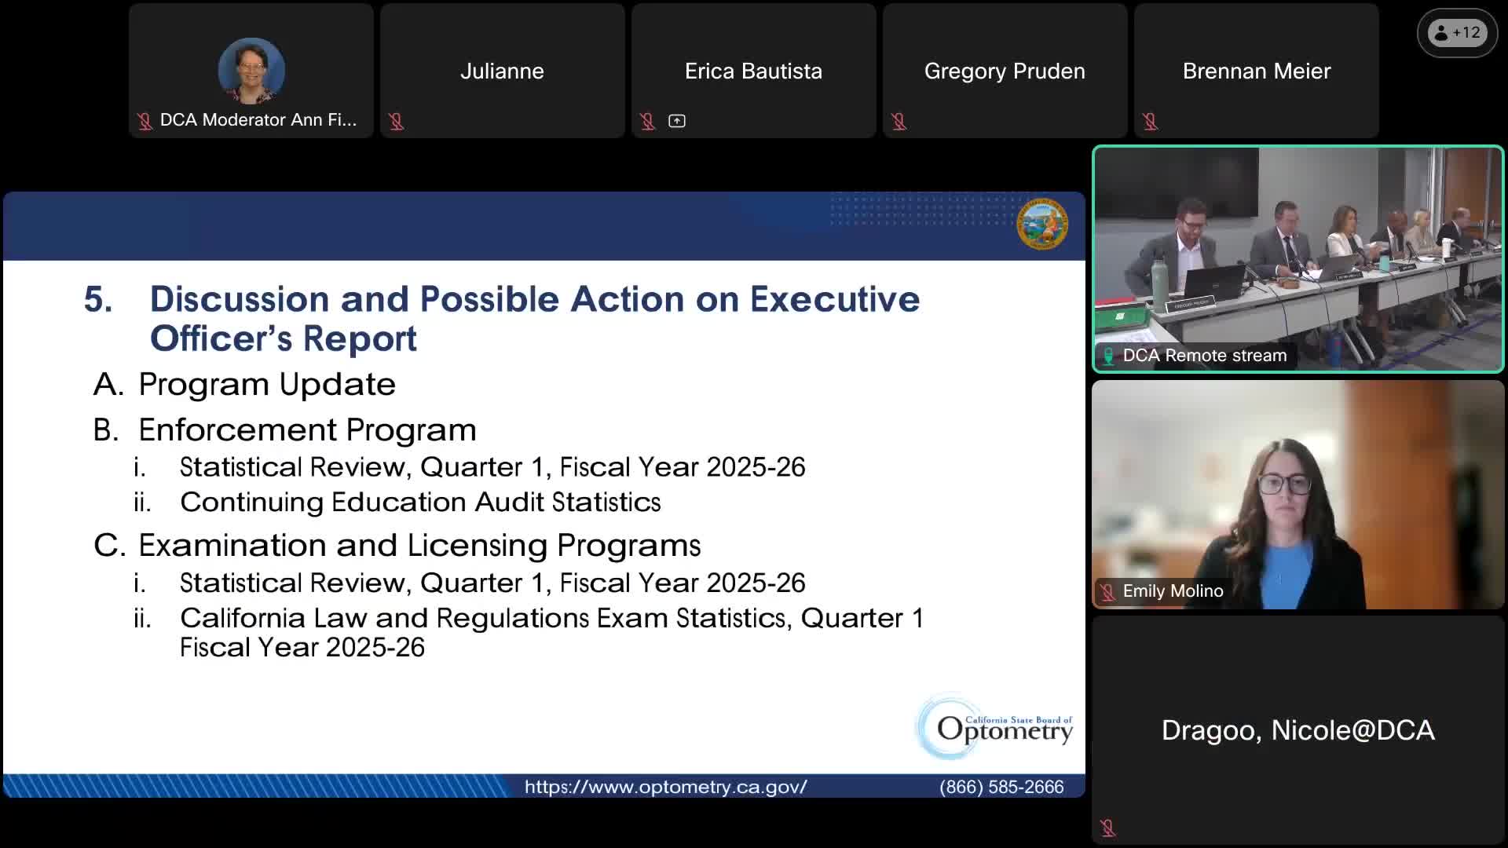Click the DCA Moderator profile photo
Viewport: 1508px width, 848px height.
tap(251, 71)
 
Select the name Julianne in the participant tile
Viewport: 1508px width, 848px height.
tap(502, 71)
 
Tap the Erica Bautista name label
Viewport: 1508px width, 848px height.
tap(753, 71)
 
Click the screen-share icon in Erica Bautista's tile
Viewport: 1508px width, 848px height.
tap(677, 121)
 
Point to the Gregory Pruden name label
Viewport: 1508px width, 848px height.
tap(1005, 71)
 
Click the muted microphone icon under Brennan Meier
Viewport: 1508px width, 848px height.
tap(1150, 122)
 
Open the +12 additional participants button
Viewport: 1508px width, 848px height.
tap(1458, 33)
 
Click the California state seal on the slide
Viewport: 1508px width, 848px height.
tap(1042, 225)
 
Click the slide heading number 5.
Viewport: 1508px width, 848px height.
tap(98, 299)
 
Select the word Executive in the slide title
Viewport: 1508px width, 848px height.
tap(834, 299)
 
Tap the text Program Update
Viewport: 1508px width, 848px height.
tap(267, 384)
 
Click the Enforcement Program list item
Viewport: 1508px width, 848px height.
tap(307, 429)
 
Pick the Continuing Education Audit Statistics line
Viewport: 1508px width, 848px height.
tap(420, 502)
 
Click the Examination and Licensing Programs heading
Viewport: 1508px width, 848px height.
tap(419, 545)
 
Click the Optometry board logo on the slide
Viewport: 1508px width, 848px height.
tap(995, 727)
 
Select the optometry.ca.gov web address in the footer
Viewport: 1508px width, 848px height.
tap(665, 787)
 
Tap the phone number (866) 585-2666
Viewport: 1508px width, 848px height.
tap(1001, 787)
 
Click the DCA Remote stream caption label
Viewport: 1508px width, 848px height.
tap(1205, 356)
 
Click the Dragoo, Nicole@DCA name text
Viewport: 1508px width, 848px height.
tap(1298, 730)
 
